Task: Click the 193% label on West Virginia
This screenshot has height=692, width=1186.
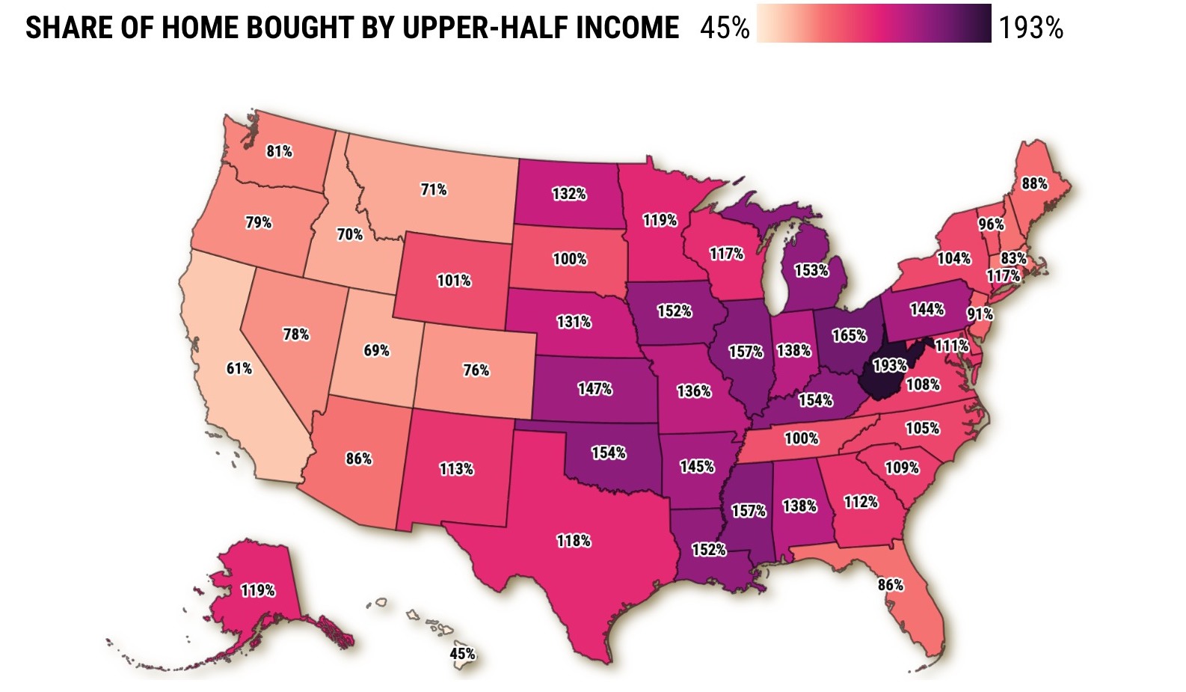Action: (x=890, y=365)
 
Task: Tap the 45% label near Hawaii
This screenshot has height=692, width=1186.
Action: (x=462, y=654)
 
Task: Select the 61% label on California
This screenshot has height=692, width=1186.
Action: (x=239, y=368)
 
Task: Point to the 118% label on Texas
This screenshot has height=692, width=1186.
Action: (x=574, y=540)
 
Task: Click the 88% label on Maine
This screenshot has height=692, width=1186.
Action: (x=1034, y=183)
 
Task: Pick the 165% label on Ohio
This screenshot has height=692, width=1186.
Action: (x=849, y=335)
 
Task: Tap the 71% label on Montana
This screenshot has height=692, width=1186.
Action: (x=434, y=189)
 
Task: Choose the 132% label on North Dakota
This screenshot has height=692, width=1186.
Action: (x=569, y=194)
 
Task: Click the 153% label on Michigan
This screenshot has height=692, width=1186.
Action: (x=811, y=270)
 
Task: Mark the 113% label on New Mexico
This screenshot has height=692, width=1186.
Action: (x=456, y=469)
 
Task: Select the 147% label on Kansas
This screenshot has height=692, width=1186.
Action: (x=594, y=388)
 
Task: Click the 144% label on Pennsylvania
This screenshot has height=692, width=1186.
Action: (x=927, y=309)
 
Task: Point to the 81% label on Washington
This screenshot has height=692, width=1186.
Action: (x=280, y=151)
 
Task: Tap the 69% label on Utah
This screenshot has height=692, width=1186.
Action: (x=377, y=350)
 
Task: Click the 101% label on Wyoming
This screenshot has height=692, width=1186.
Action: (x=454, y=281)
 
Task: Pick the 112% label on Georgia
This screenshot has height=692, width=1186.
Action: (x=861, y=502)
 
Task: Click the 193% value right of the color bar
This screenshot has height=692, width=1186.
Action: (x=1031, y=28)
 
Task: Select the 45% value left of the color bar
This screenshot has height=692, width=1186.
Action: (x=725, y=28)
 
